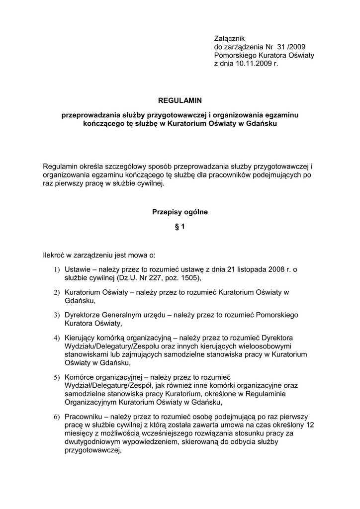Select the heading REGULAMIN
tap(180, 100)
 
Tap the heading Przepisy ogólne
tap(180, 212)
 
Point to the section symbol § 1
tap(180, 227)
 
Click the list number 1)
tap(57, 269)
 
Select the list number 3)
tap(57, 316)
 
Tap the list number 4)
tap(57, 338)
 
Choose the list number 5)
tap(57, 377)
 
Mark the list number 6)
tap(57, 417)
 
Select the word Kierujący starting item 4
tap(80, 338)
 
